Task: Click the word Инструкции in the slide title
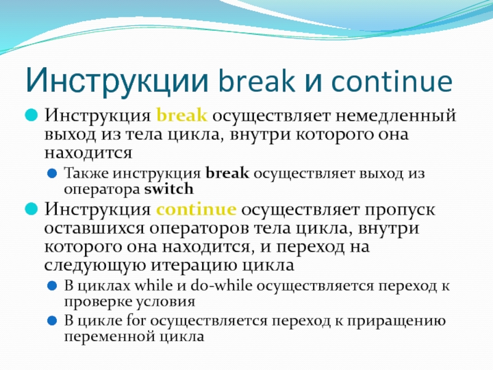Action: coord(118,81)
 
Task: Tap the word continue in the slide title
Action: coord(392,80)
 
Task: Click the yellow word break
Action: coord(182,115)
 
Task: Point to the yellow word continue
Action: coord(196,209)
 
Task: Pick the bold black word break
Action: coord(227,173)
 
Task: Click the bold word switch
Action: coord(169,189)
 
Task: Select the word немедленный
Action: coord(396,115)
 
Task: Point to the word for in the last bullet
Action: coord(137,320)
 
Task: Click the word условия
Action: coord(166,302)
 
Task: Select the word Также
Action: coord(86,173)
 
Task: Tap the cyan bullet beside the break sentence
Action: coord(31,115)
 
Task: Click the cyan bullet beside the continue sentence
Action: coord(31,208)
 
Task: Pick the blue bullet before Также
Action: coord(52,173)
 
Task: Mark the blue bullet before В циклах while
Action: coord(52,286)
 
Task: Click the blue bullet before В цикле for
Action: coord(52,321)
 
